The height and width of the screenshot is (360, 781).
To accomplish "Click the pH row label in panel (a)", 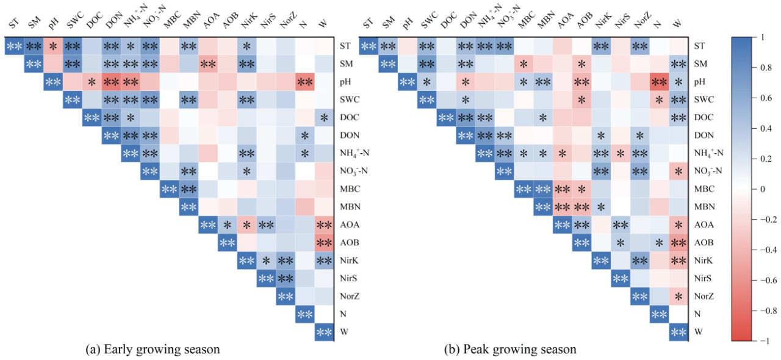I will click(x=345, y=81).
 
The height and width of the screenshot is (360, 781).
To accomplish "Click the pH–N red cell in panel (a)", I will click(x=305, y=82).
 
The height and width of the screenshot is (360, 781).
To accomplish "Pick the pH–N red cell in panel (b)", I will click(x=659, y=82).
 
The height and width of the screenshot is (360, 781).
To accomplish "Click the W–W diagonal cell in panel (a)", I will click(x=324, y=333).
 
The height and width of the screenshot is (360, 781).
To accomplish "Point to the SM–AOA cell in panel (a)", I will click(x=207, y=63).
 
